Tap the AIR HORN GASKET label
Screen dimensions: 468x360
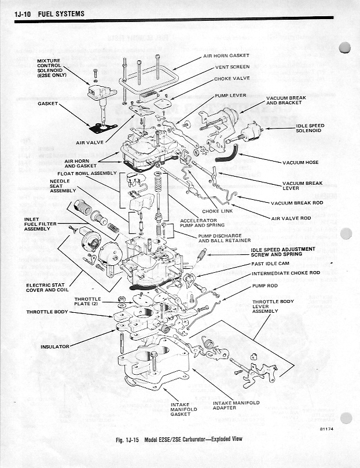(x=226, y=56)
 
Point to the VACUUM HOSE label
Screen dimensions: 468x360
(x=302, y=162)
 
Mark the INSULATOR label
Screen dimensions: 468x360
(x=55, y=346)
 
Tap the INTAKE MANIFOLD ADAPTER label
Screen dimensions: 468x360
(x=236, y=405)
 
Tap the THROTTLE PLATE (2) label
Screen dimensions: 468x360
(x=87, y=301)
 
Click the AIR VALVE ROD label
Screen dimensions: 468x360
(x=291, y=218)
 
